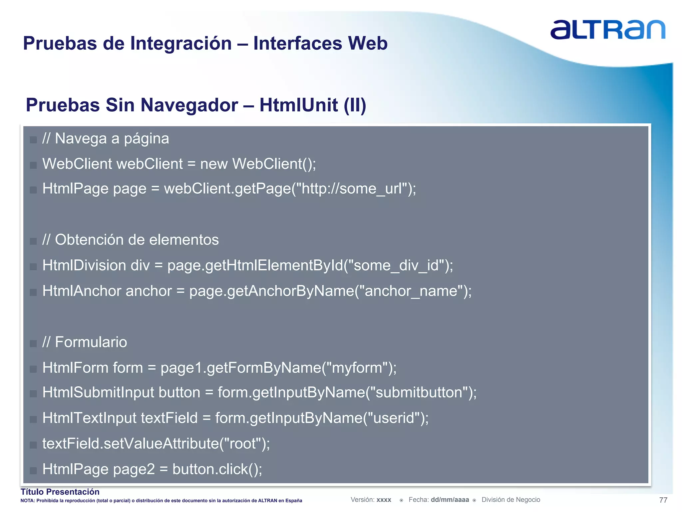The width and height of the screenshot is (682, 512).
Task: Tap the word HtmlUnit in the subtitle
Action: pos(298,105)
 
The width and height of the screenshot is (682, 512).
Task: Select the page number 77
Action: pos(663,500)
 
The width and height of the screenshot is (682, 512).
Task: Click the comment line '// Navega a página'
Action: pos(106,139)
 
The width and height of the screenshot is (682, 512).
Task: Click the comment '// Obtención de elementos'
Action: pos(131,240)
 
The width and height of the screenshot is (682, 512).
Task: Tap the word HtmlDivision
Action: pos(84,266)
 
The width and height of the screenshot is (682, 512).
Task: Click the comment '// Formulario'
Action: pos(85,342)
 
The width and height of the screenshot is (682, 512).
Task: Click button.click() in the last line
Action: pos(217,469)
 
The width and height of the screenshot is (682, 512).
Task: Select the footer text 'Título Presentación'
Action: pos(60,492)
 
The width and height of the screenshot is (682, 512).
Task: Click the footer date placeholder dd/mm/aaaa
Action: pos(450,500)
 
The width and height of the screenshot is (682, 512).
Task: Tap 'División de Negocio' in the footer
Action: pos(511,500)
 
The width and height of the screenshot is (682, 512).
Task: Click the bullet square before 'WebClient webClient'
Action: pos(33,165)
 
